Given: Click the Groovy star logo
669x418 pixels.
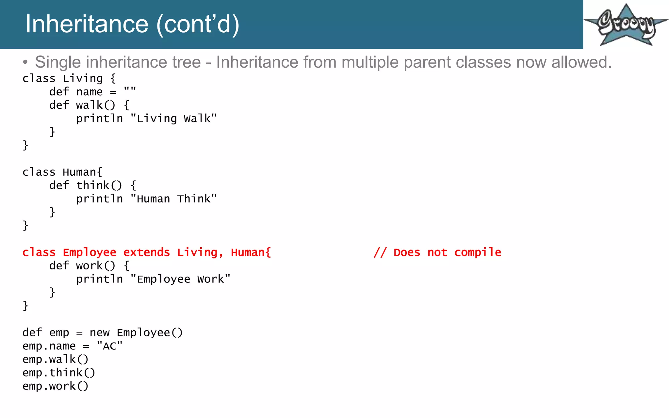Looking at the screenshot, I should pos(626,25).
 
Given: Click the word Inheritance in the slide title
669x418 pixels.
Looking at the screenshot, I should pos(87,24).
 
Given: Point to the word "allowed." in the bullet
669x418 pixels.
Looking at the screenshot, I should pos(581,62).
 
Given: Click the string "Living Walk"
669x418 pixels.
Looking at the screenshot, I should pos(173,119).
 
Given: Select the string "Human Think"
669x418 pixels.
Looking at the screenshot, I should pos(173,199).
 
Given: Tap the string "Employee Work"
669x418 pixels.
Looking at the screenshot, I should pos(180,279).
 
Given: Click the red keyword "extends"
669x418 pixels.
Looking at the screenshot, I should pos(147,252).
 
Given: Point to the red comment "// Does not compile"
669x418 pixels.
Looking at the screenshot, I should pos(437,252).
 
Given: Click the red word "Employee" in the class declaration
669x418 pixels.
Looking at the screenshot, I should pos(90,252).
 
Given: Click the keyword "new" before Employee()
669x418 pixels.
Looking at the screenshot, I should pos(100,333).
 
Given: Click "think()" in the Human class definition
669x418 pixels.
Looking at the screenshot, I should pos(99,185).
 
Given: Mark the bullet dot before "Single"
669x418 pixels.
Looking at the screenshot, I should pos(25,62).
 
